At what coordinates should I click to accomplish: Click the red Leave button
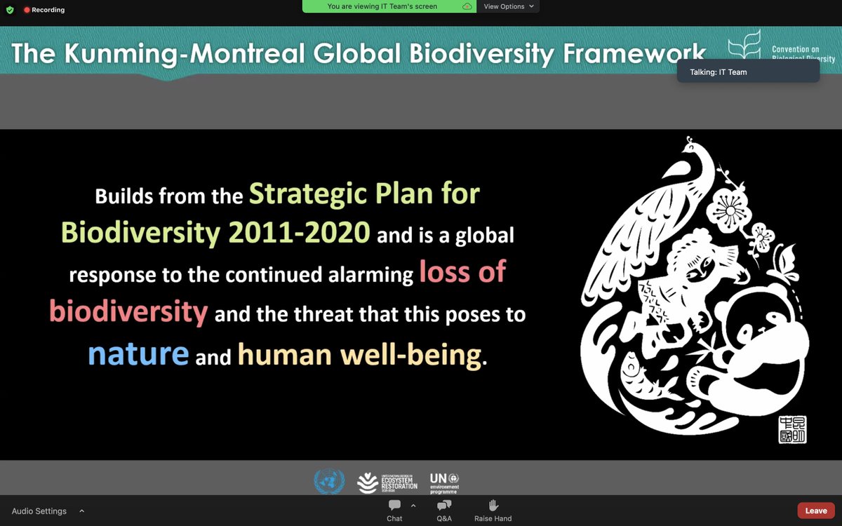point(815,511)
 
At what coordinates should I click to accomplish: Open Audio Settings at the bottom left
point(39,511)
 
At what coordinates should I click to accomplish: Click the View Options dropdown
point(509,6)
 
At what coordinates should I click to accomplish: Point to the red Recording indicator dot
point(27,10)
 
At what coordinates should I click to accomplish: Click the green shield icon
point(10,10)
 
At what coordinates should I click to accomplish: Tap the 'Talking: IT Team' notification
point(747,72)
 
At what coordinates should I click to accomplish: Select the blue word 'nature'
point(138,353)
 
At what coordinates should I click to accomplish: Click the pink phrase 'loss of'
point(462,272)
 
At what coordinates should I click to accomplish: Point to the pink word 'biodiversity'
point(128,311)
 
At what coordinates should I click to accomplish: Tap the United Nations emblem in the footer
point(329,482)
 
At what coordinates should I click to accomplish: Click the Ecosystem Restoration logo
point(387,483)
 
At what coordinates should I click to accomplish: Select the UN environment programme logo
point(444,483)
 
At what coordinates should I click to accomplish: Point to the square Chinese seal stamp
point(792,429)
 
